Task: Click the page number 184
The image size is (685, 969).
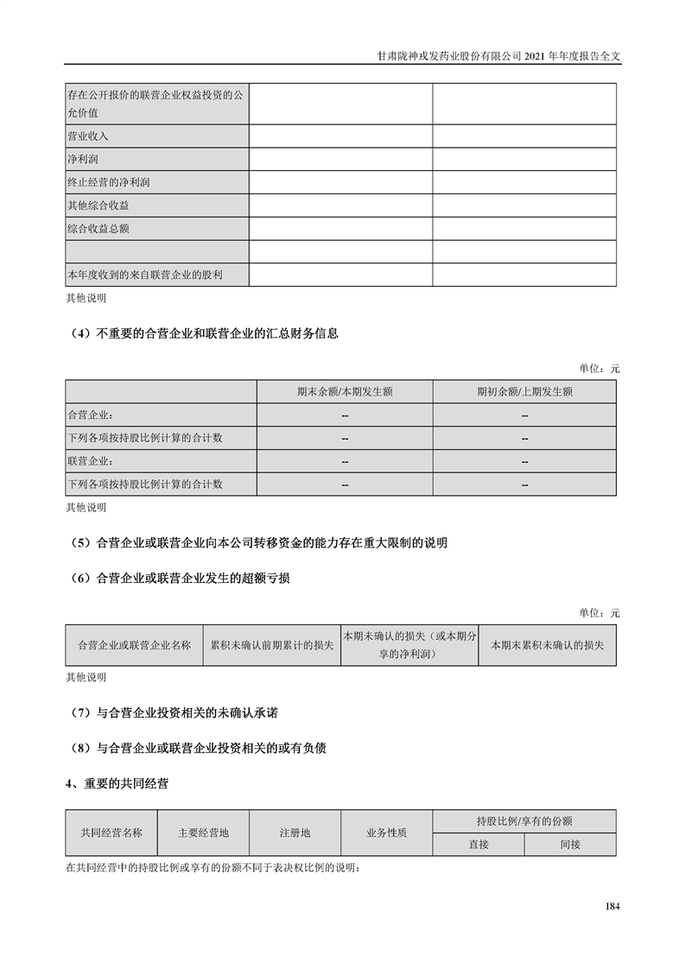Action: (612, 906)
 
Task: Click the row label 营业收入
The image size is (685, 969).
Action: (87, 136)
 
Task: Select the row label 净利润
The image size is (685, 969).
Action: (81, 160)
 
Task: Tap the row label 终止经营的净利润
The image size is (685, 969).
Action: (103, 183)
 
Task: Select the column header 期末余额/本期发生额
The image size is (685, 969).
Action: (345, 391)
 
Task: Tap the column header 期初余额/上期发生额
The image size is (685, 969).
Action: (524, 391)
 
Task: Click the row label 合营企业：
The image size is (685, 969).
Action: (90, 415)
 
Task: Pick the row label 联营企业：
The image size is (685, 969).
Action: (90, 461)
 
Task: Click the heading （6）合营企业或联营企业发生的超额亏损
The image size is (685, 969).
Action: (178, 578)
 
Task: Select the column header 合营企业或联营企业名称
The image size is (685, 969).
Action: (134, 645)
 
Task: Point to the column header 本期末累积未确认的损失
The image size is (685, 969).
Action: (547, 645)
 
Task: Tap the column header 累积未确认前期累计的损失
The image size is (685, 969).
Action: (271, 645)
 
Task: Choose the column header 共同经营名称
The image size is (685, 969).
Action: (111, 833)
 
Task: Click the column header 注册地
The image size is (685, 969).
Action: (295, 833)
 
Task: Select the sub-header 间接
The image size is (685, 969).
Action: (570, 845)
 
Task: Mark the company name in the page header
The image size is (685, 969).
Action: (450, 54)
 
